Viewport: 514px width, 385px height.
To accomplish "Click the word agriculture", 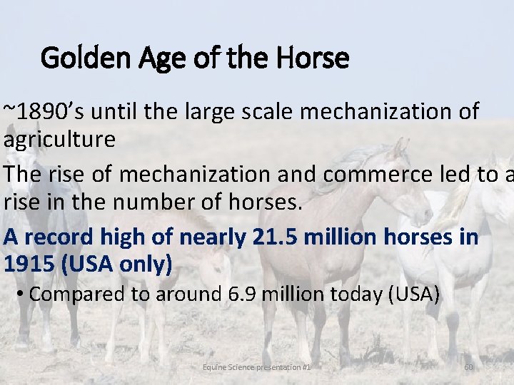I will point(59,140).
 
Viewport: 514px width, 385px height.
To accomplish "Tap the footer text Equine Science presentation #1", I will point(256,367).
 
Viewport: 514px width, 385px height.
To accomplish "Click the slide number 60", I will point(469,367).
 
